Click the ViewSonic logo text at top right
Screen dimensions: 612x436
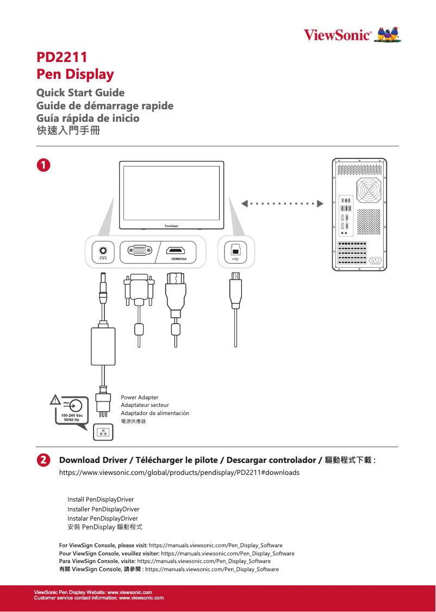pyautogui.click(x=337, y=36)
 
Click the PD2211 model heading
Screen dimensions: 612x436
pyautogui.click(x=61, y=57)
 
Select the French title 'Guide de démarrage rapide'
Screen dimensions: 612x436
pyautogui.click(x=104, y=106)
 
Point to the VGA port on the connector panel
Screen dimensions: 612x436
pyautogui.click(x=140, y=251)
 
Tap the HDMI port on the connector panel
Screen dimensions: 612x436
pyautogui.click(x=175, y=251)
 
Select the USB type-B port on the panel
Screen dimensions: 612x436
pyautogui.click(x=235, y=250)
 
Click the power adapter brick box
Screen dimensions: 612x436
pyautogui.click(x=103, y=345)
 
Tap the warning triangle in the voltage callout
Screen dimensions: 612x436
pyautogui.click(x=55, y=401)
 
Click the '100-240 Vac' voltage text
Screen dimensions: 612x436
pyautogui.click(x=68, y=416)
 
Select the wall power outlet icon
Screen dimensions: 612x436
pyautogui.click(x=103, y=433)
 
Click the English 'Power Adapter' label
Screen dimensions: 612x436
pyautogui.click(x=139, y=398)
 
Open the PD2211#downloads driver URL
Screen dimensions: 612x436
pyautogui.click(x=179, y=472)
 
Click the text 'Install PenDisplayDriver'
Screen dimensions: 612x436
pyautogui.click(x=101, y=499)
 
